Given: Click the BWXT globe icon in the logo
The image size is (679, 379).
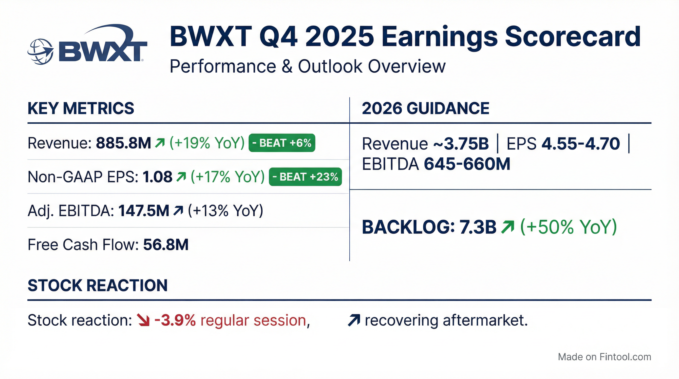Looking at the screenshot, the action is click(40, 52).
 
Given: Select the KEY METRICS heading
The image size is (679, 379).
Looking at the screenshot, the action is click(81, 108).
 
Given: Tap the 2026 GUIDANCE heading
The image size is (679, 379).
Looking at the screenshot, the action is click(425, 108).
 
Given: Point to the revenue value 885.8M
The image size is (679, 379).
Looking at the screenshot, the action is click(123, 143).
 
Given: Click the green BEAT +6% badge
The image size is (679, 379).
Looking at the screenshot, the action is click(282, 143).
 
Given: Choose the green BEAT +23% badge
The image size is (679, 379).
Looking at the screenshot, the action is click(305, 177).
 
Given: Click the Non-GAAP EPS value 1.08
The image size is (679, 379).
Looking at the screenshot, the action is click(157, 177).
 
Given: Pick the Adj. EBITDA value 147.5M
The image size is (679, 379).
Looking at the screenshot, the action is click(144, 211).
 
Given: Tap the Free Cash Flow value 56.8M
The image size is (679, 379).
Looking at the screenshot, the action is click(166, 245).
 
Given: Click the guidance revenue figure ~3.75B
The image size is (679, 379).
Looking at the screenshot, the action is click(461, 144).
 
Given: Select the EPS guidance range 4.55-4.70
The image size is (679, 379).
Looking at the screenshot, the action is click(581, 144).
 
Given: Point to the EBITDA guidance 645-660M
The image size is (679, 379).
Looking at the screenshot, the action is click(467, 164).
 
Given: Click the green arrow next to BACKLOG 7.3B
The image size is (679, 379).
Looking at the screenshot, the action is click(508, 227).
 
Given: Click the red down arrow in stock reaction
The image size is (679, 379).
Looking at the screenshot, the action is click(144, 320).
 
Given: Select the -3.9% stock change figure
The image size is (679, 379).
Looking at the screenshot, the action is click(175, 321).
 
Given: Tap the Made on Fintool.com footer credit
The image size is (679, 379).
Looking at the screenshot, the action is click(604, 357).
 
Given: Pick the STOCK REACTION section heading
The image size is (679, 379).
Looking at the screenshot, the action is click(97, 285).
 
